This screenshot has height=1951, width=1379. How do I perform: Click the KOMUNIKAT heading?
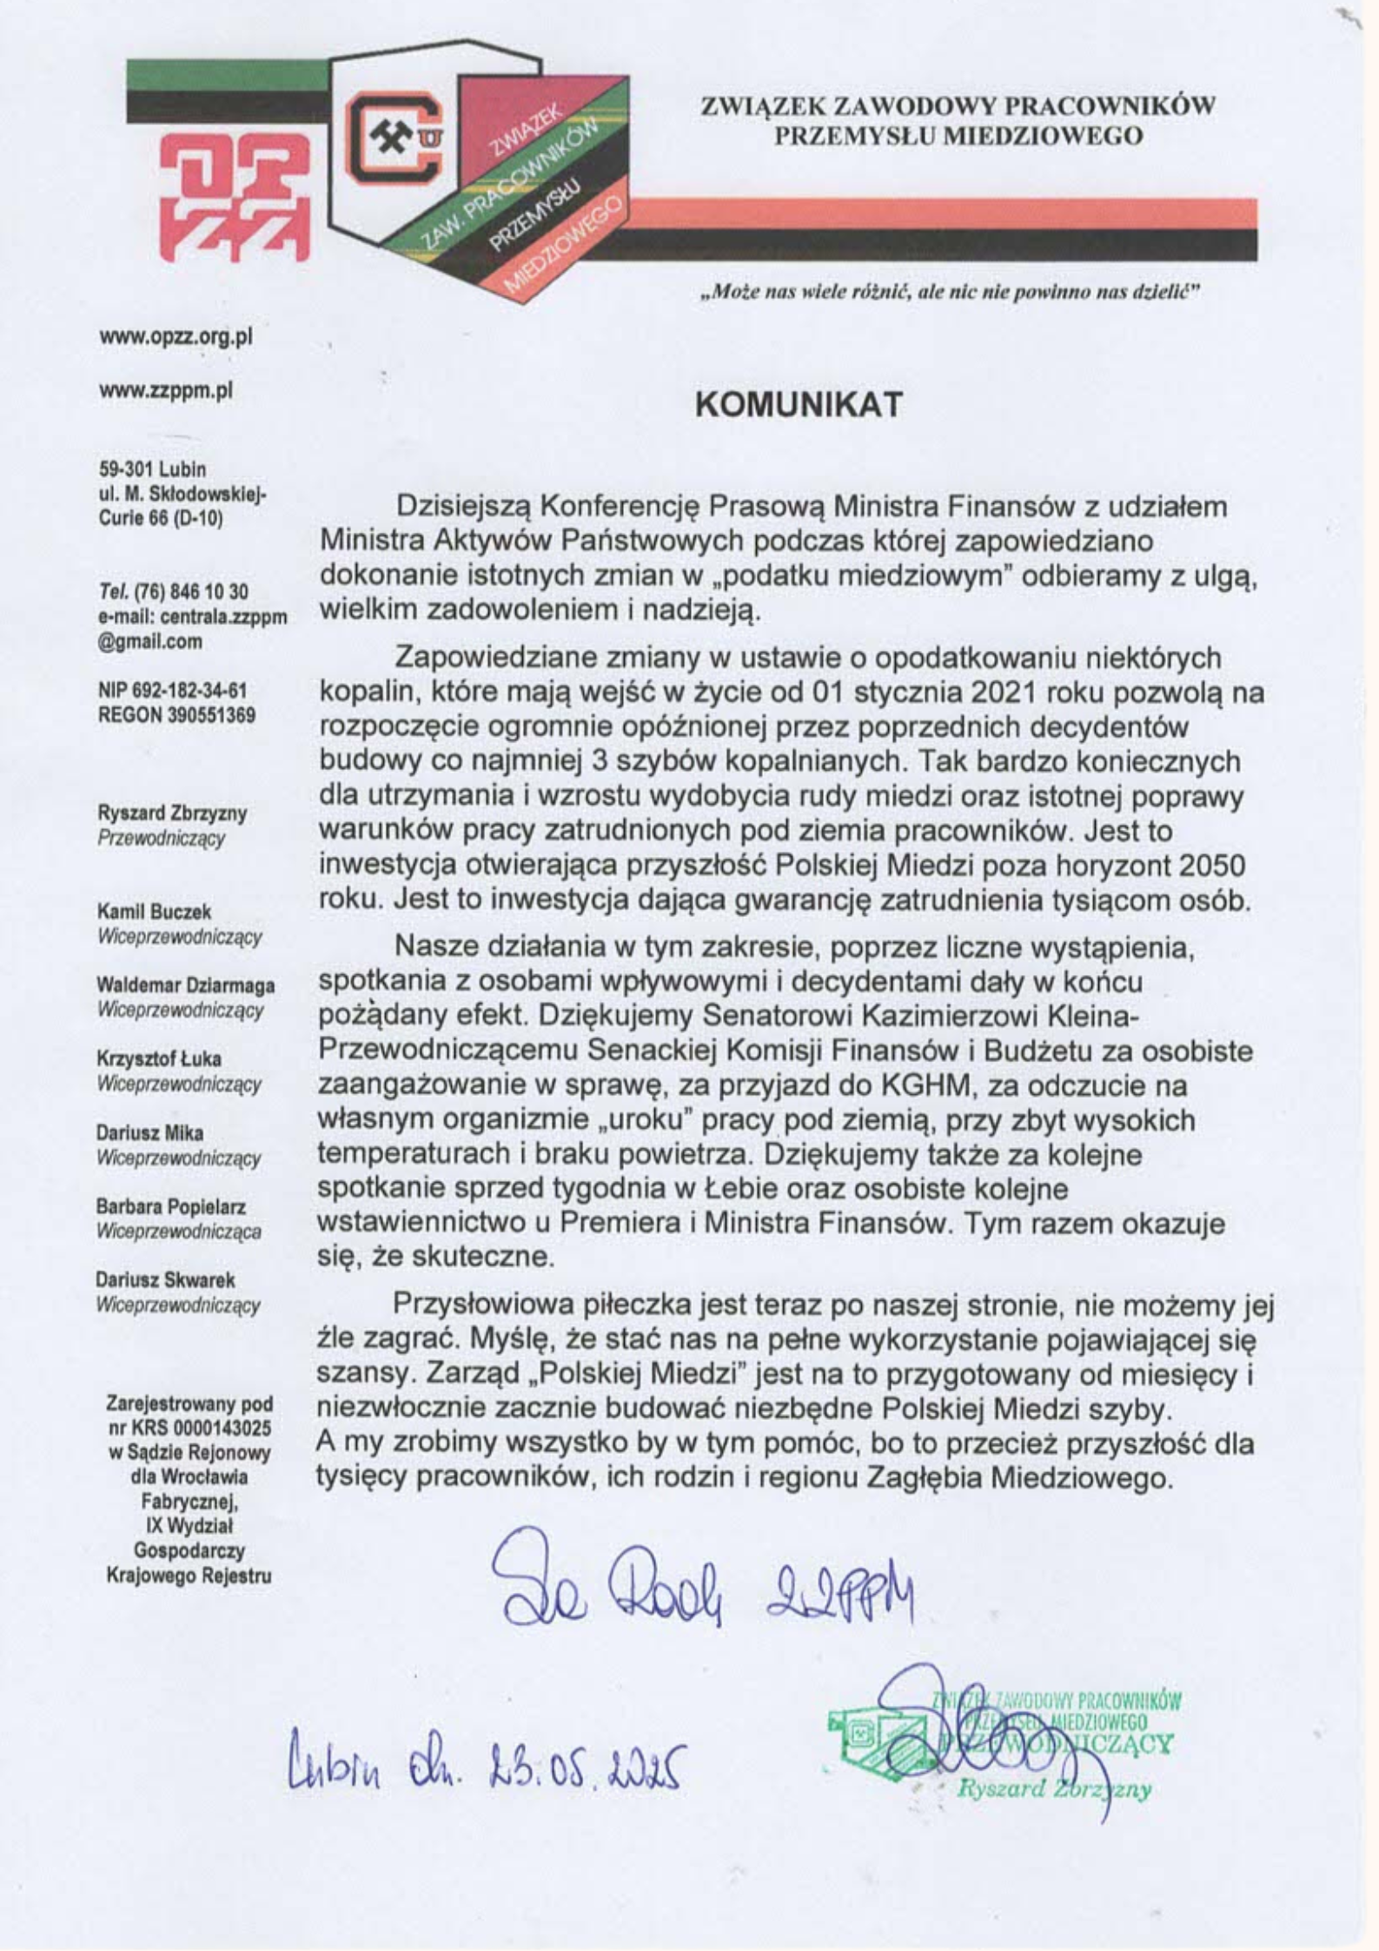799,406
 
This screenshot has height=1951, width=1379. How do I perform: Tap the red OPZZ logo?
235,200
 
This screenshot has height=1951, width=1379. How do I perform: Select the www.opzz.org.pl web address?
176,337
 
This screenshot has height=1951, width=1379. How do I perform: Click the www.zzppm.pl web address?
166,391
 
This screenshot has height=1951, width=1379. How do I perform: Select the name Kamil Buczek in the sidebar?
154,912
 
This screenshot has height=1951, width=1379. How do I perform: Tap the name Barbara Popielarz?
171,1207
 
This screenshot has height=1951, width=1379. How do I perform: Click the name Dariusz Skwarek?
165,1280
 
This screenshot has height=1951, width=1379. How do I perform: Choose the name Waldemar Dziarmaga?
186,985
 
